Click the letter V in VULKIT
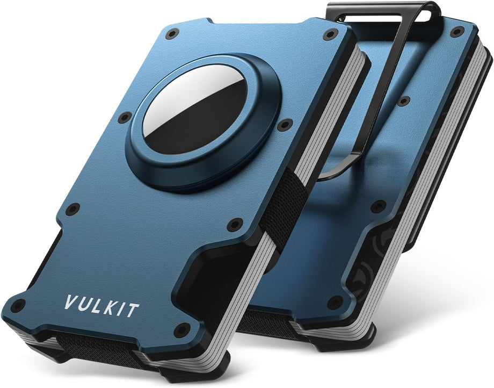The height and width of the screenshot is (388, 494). click(70, 302)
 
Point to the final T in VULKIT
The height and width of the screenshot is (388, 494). click(132, 311)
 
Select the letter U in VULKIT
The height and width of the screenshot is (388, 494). click(84, 304)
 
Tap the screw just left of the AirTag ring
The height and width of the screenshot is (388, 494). click(125, 118)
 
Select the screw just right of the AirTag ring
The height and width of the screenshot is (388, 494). click(285, 125)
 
